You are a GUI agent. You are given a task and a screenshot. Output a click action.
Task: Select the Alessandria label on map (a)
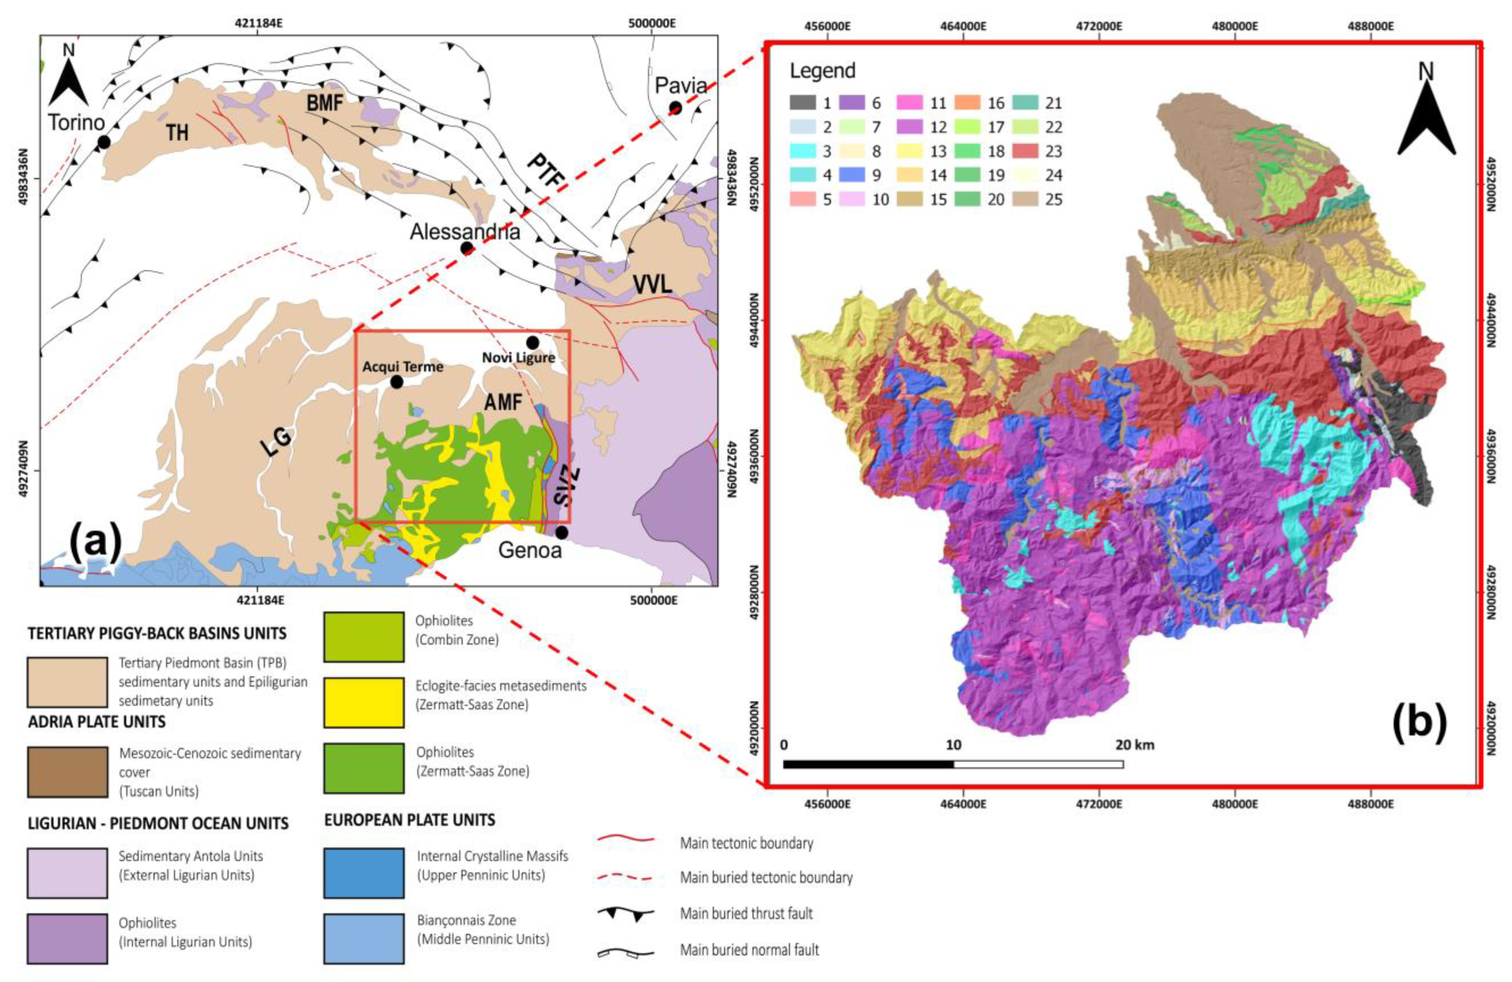464,232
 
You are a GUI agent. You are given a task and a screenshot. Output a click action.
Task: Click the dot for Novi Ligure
532,343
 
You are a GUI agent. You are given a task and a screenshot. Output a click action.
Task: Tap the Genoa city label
530,550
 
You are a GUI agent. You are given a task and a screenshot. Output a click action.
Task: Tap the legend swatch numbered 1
802,102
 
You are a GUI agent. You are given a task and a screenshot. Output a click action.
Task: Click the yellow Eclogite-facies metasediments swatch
363,703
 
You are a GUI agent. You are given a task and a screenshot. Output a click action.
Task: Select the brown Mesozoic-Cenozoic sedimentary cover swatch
67,772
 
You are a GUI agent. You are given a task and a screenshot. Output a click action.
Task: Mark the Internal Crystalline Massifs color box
363,873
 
